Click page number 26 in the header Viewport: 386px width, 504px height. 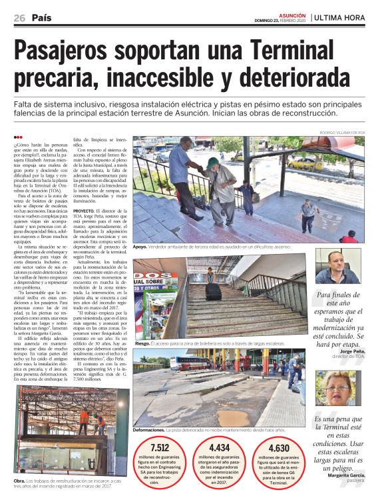pos(19,18)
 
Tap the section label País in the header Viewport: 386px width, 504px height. pos(41,18)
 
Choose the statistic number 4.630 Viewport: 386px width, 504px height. pos(278,449)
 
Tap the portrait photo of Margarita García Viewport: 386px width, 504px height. pos(336,388)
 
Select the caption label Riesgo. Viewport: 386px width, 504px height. pos(142,344)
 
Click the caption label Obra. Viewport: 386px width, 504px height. pos(19,481)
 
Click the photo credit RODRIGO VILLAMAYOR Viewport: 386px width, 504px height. pos(335,132)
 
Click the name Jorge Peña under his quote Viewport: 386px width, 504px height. pos(353,351)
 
